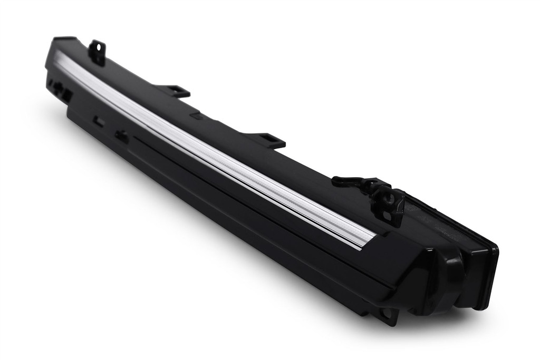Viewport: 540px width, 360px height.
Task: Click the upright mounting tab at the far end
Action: pos(97,51)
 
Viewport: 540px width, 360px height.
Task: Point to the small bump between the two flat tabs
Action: pos(197,115)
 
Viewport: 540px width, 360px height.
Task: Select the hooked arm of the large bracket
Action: pos(351,181)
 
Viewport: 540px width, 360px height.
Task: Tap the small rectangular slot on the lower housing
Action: pos(98,121)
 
